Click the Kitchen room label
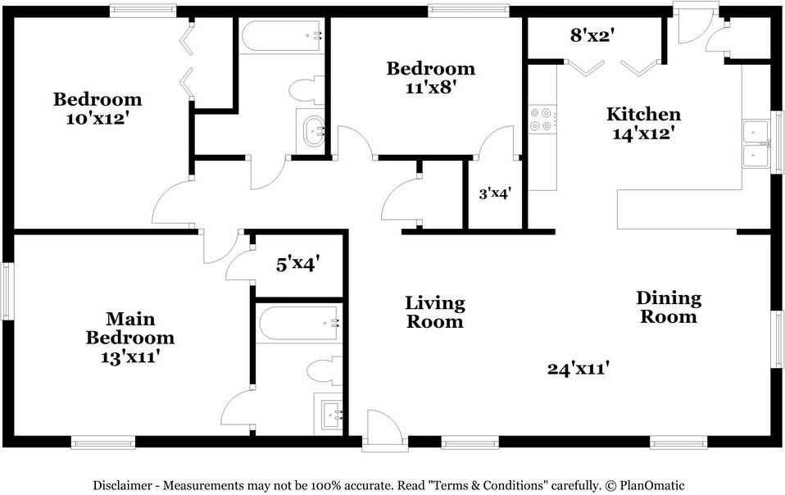[643, 114]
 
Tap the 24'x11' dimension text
[579, 369]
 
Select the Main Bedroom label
[130, 328]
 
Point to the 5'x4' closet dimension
[298, 264]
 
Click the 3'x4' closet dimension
[495, 193]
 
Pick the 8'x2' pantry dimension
[592, 35]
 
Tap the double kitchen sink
[756, 144]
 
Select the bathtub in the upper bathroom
[281, 35]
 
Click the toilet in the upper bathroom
[307, 90]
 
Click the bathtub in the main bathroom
[299, 324]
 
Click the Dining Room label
[669, 307]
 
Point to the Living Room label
[434, 311]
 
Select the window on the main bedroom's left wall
[7, 291]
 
